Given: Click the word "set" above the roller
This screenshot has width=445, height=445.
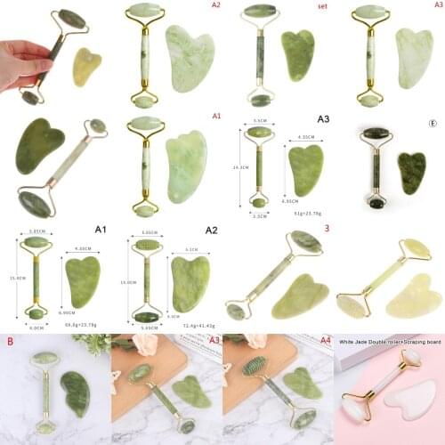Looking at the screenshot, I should [321, 4].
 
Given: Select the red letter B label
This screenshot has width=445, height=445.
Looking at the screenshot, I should [10, 340].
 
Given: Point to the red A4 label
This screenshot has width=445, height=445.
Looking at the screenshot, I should [325, 339].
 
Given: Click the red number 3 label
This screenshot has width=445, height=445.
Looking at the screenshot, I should [327, 229].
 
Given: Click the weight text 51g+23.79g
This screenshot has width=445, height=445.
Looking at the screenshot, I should [307, 214].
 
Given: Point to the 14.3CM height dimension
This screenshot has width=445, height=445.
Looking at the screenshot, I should [235, 166].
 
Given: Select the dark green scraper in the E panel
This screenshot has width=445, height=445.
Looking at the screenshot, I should [412, 172].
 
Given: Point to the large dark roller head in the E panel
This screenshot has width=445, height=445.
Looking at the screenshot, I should [374, 135].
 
